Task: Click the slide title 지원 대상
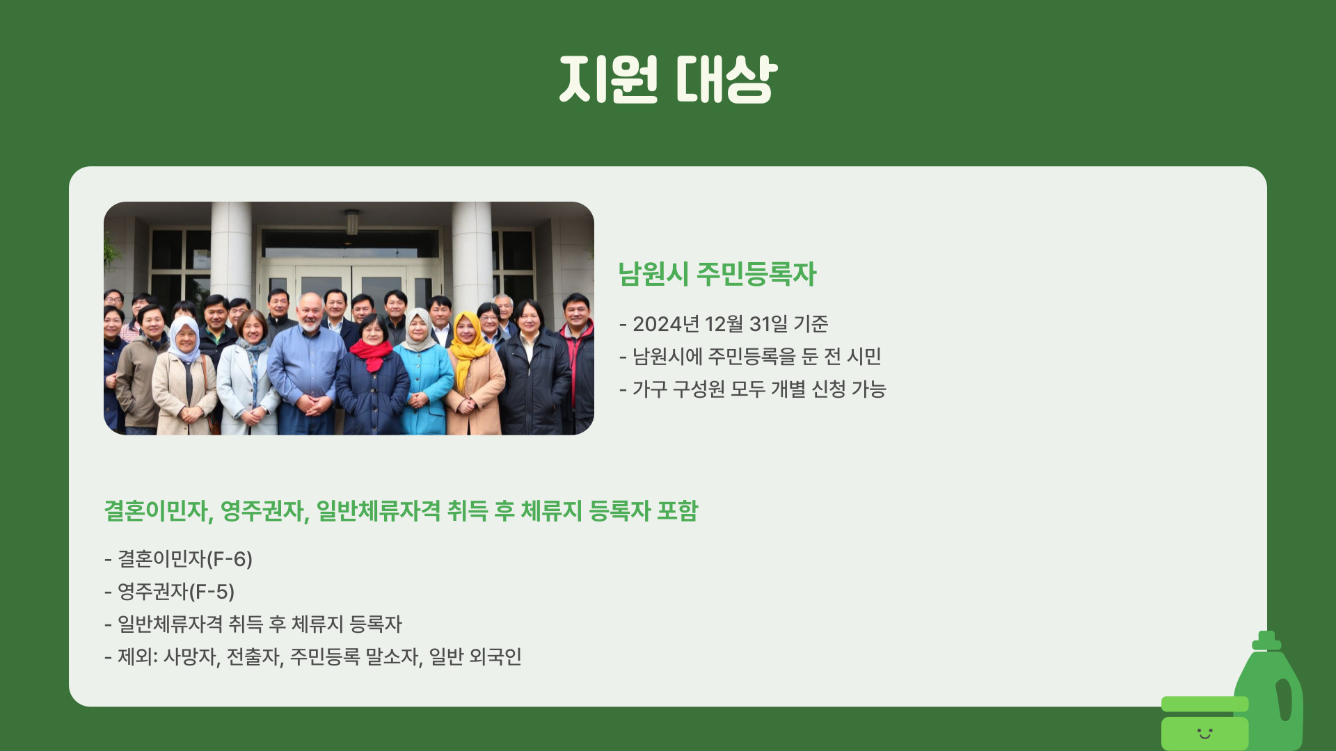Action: (x=668, y=79)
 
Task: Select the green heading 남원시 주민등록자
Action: (x=717, y=274)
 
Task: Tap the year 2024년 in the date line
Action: (x=665, y=324)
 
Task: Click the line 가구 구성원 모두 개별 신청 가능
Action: (x=758, y=389)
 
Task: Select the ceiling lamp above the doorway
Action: (x=352, y=222)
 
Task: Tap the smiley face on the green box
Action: (x=1204, y=733)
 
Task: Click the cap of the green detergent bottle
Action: (x=1266, y=640)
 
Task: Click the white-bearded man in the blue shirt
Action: (x=308, y=362)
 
